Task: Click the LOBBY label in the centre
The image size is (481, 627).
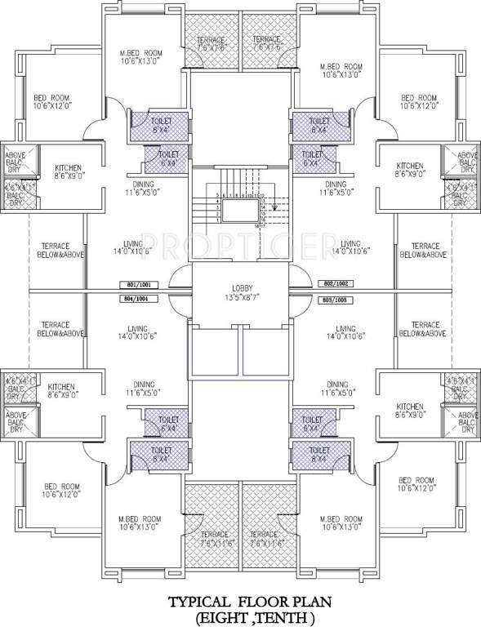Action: [242, 287]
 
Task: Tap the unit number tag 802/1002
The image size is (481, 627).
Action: [336, 282]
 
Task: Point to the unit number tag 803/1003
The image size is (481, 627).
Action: [336, 300]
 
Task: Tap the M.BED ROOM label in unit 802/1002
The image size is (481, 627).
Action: [341, 67]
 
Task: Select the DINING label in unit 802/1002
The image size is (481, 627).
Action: [336, 184]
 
